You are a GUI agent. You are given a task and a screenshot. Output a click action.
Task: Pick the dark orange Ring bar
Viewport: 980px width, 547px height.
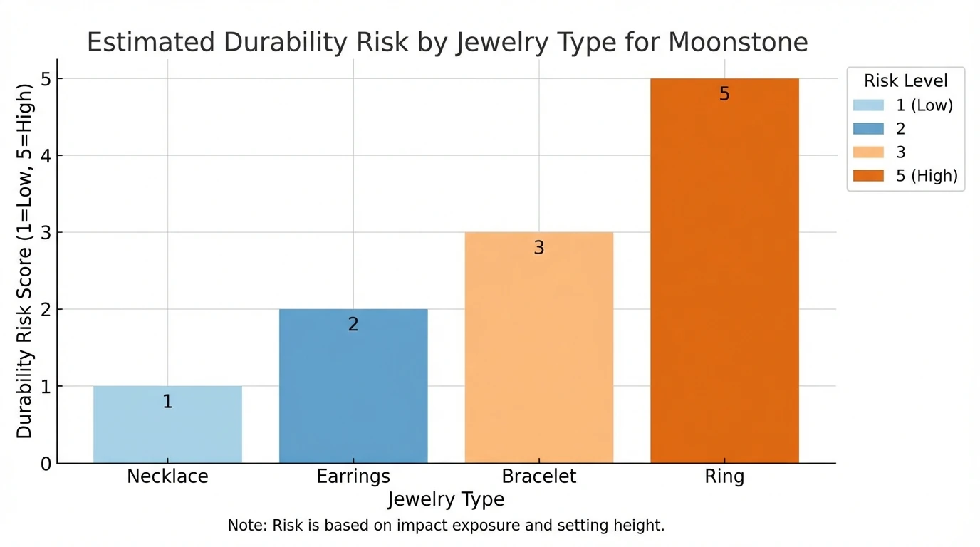pyautogui.click(x=724, y=285)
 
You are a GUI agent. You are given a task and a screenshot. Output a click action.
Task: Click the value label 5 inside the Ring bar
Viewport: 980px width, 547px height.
pyautogui.click(x=724, y=94)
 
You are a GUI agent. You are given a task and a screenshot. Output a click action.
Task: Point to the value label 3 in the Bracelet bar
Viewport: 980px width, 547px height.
pyautogui.click(x=539, y=248)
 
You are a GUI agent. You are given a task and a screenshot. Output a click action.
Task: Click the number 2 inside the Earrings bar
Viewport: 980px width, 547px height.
pyautogui.click(x=353, y=325)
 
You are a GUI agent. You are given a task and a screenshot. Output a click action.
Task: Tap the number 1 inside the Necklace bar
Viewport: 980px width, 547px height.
pyautogui.click(x=167, y=402)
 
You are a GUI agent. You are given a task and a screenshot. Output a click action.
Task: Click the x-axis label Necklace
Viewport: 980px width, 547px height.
pyautogui.click(x=167, y=476)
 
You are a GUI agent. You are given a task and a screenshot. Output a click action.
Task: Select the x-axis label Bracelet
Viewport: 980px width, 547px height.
pyautogui.click(x=539, y=476)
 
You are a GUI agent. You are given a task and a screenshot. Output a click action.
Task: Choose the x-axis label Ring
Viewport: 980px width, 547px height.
pyautogui.click(x=724, y=476)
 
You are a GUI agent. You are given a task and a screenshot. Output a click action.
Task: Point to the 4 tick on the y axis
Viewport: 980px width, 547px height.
pyautogui.click(x=46, y=155)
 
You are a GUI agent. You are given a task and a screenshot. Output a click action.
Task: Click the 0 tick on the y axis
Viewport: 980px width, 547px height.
pyautogui.click(x=46, y=464)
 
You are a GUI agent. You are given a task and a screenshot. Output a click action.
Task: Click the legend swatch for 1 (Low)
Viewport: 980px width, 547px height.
pyautogui.click(x=868, y=105)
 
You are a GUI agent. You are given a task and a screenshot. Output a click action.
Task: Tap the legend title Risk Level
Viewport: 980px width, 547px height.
pyautogui.click(x=905, y=80)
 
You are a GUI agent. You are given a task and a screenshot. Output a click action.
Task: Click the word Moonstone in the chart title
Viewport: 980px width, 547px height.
pyautogui.click(x=738, y=43)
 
